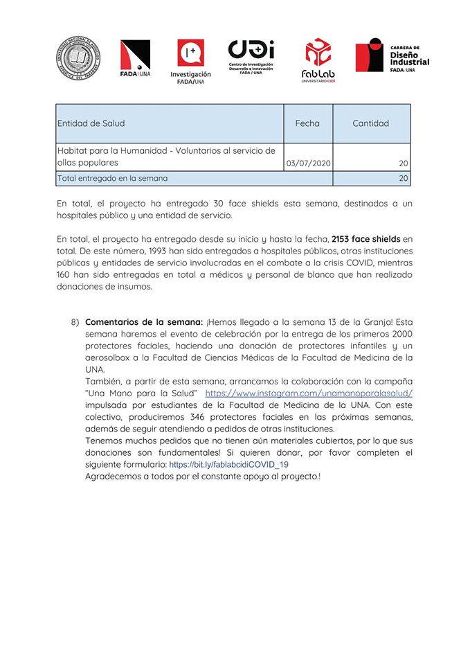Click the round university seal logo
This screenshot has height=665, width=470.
tap(78, 58)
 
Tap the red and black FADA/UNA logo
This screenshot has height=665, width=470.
tap(135, 58)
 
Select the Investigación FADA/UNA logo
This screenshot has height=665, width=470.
tap(190, 61)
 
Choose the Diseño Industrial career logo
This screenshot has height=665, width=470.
tap(392, 55)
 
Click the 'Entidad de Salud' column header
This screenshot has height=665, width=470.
tap(91, 123)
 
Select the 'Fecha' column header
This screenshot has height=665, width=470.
tap(307, 123)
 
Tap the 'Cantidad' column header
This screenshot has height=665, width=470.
tap(370, 123)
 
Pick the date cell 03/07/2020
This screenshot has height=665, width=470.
tap(308, 163)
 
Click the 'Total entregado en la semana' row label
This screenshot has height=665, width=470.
tap(113, 178)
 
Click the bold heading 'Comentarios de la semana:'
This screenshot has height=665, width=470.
tap(143, 321)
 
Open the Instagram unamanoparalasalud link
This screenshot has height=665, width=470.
tap(309, 393)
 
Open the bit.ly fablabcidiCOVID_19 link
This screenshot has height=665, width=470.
tap(228, 465)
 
